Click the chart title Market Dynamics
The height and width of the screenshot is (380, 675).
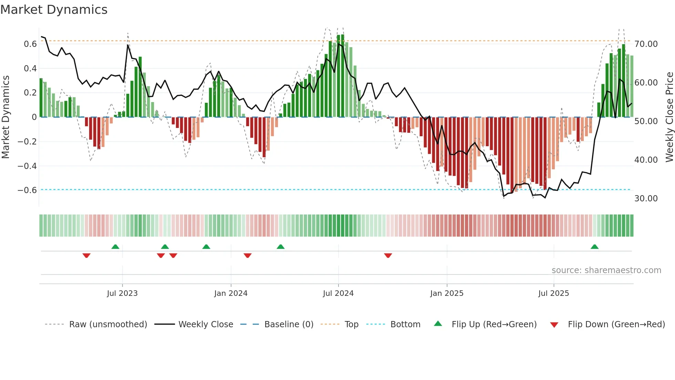[54, 10]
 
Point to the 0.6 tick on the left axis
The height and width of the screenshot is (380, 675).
[30, 44]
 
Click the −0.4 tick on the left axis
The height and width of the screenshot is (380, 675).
[27, 166]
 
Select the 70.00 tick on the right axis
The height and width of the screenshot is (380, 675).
[646, 44]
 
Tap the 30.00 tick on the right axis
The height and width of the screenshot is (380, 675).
[646, 199]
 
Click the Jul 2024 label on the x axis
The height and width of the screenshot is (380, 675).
[338, 293]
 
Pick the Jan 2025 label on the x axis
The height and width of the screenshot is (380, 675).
[447, 293]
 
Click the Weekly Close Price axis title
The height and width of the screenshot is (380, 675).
[669, 117]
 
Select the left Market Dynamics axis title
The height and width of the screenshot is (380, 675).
[6, 117]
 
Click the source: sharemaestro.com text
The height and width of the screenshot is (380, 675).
[606, 270]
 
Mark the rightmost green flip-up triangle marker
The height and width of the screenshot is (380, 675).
[594, 247]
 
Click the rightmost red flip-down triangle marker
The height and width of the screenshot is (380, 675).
[388, 256]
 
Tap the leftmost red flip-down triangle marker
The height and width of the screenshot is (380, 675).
[86, 256]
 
